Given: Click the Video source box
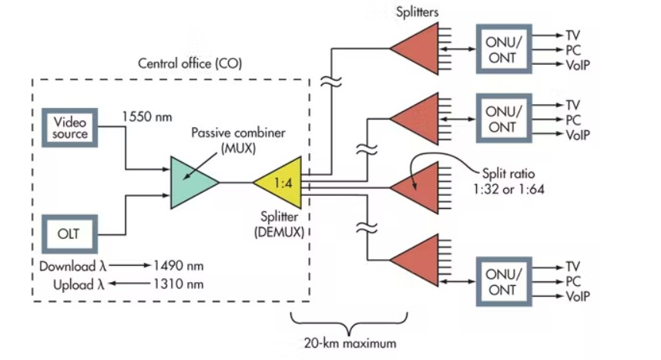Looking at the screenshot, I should (x=71, y=127).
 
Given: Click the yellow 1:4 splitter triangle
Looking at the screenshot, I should (x=279, y=183).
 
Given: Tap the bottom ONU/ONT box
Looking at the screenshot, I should (x=506, y=281).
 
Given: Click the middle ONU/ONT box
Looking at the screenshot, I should (x=506, y=118).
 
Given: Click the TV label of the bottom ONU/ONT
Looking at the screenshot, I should (x=574, y=266).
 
